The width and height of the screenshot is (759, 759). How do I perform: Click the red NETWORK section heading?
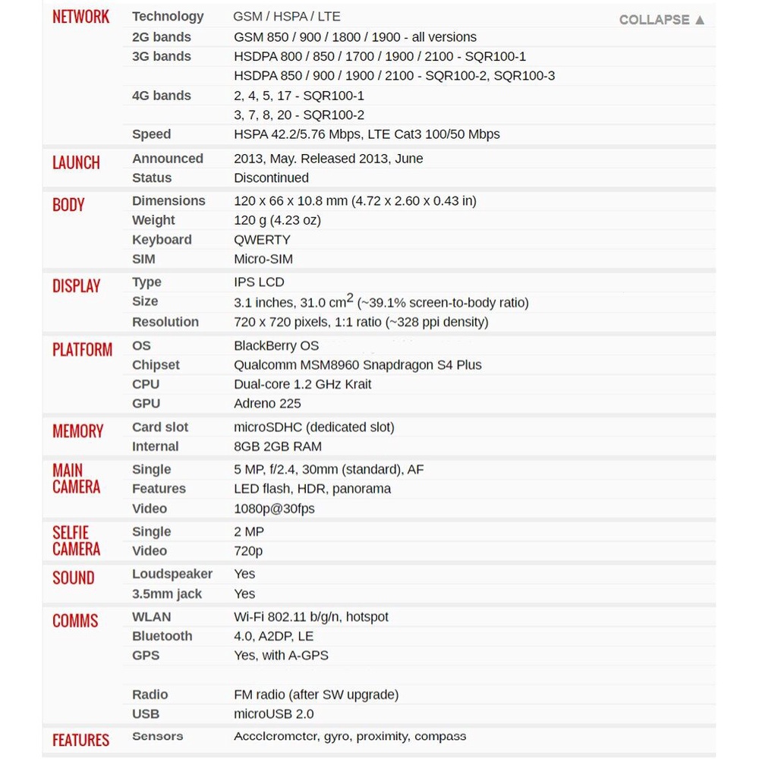pos(80,17)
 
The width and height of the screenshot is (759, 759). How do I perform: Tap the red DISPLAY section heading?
pos(76,286)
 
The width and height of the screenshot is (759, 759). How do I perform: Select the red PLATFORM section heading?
pos(82,350)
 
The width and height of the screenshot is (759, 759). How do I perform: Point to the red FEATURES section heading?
pos(80,740)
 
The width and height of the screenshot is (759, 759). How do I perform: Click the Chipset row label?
pos(156,365)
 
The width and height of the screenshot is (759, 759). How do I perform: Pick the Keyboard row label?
pos(162,240)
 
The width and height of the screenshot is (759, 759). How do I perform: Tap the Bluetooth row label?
pos(162,636)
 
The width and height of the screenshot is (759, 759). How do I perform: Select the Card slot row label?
pos(160,427)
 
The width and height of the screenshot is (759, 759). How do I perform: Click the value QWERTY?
pos(262,240)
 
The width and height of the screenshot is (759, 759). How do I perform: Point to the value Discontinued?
pos(271,178)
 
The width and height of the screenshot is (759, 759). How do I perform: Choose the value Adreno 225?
pos(267,404)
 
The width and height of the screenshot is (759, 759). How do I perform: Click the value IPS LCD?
pos(259,282)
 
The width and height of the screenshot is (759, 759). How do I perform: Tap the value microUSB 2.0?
pos(273,714)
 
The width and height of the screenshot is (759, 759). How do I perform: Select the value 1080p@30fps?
pos(274,509)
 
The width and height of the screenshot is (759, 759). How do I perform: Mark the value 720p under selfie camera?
pos(248,551)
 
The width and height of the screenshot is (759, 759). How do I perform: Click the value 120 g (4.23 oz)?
pos(277,220)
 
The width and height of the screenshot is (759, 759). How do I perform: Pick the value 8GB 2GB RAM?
pos(277,447)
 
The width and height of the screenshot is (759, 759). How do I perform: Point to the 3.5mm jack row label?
pos(167,594)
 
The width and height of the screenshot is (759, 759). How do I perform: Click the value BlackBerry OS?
pos(276,346)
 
